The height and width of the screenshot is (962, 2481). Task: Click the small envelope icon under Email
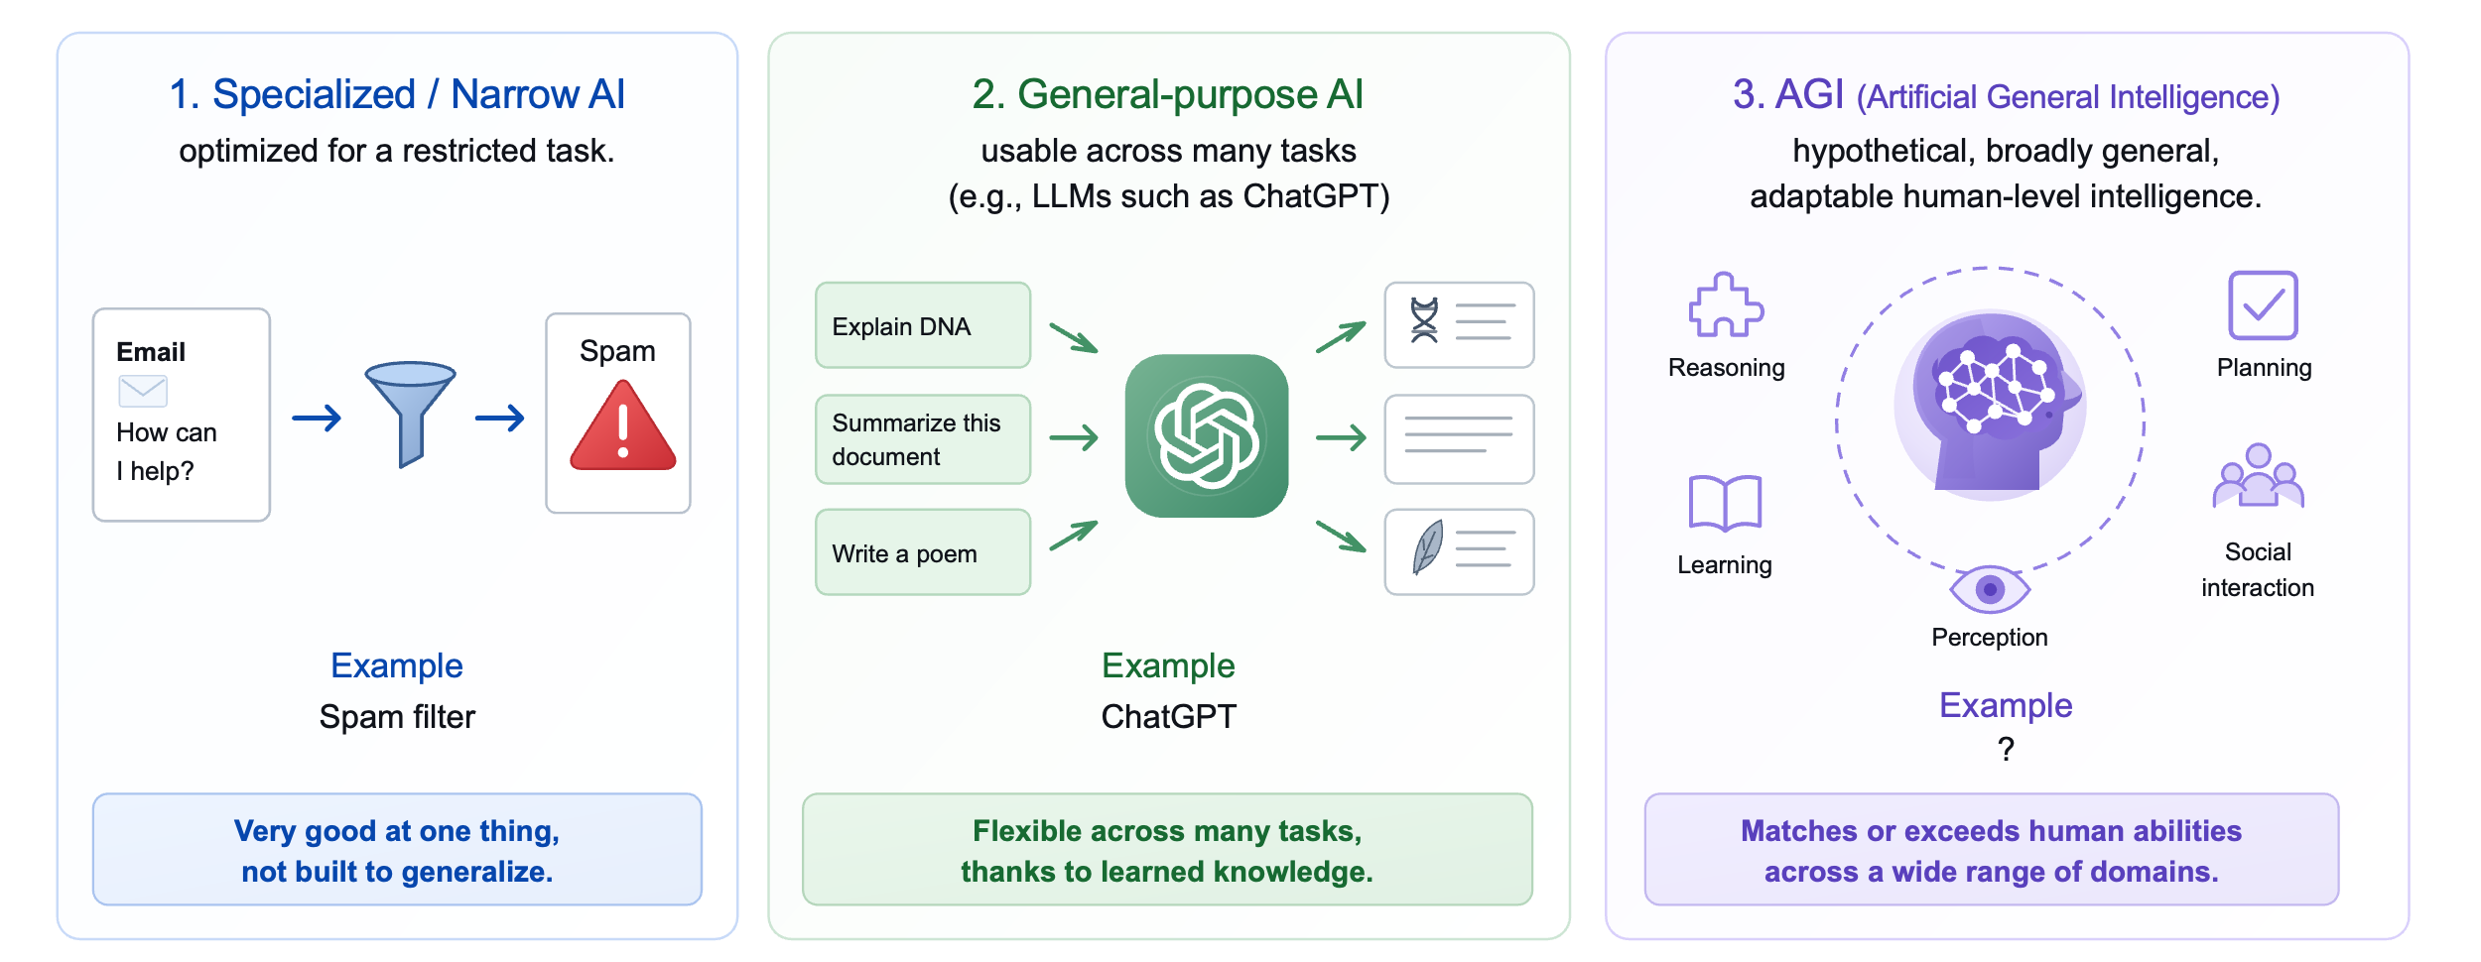(x=143, y=391)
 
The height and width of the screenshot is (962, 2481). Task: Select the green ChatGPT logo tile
(x=1207, y=435)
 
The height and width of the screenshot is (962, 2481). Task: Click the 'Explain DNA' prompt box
(x=923, y=325)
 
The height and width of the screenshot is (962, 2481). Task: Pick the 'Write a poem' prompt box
(x=923, y=552)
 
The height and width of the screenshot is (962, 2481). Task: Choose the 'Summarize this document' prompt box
(x=923, y=439)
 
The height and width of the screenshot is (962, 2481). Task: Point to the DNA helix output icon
(x=1424, y=320)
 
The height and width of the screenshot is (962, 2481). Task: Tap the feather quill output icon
(x=1427, y=547)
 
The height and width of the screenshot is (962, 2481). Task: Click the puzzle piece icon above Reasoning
(x=1726, y=305)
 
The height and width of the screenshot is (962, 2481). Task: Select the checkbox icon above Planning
(x=2263, y=305)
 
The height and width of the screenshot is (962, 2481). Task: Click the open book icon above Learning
(x=1725, y=503)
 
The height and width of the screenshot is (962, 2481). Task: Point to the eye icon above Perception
(x=1990, y=590)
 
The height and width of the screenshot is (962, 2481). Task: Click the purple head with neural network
(x=1990, y=402)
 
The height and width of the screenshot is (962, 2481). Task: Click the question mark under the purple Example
(x=2006, y=749)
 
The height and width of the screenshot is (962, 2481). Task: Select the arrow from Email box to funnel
(x=317, y=419)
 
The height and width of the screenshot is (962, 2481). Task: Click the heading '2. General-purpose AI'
(x=1168, y=94)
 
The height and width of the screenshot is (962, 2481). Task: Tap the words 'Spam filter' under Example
(x=397, y=716)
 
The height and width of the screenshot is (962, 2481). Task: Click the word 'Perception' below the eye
(x=1990, y=638)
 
